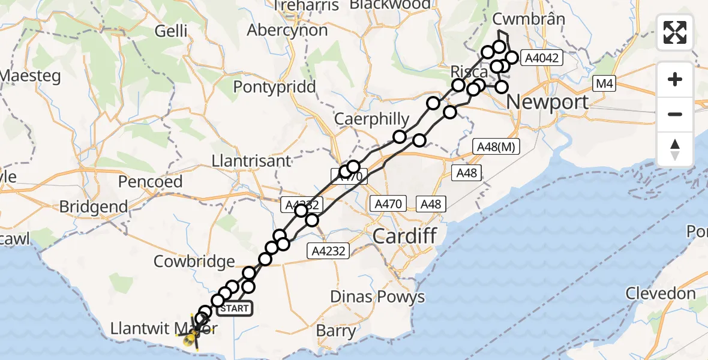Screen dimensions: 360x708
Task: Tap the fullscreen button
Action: click(x=675, y=33)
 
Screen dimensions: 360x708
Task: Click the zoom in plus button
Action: click(x=675, y=79)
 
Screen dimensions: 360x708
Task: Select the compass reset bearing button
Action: click(x=675, y=149)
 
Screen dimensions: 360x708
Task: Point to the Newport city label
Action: click(x=548, y=101)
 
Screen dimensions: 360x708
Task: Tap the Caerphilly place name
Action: click(x=371, y=119)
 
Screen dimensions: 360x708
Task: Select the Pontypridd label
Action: click(x=274, y=87)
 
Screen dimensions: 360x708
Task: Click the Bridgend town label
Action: click(x=94, y=207)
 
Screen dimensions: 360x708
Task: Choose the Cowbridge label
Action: click(x=194, y=262)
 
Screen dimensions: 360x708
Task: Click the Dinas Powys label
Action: click(x=377, y=296)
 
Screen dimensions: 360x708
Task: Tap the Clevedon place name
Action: click(x=660, y=294)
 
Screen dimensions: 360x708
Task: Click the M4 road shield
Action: click(x=605, y=84)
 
